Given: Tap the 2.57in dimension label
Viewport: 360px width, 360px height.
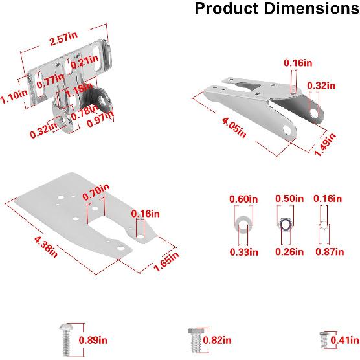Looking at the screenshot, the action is click(63, 39).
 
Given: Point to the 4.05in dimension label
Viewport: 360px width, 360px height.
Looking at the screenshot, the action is click(234, 127).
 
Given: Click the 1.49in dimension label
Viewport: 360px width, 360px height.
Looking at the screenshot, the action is click(325, 144).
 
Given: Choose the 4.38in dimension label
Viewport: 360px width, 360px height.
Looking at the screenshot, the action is click(46, 247).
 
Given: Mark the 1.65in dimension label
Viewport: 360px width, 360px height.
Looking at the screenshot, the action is click(166, 261).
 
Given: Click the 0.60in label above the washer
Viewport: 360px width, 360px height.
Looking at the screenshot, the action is click(243, 199).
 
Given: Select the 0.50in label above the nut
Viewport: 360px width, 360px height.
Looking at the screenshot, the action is click(289, 199).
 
